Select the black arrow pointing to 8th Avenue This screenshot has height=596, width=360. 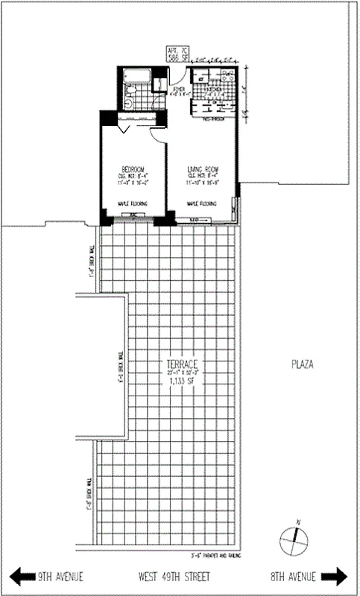coord(334,576)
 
